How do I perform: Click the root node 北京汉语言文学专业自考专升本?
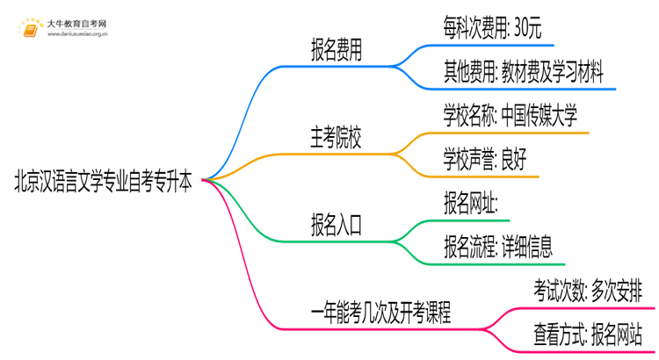(104, 182)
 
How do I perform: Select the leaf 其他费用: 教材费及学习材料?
(524, 73)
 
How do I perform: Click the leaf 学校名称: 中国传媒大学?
(511, 117)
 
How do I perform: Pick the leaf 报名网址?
(472, 204)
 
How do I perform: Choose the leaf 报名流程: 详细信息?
(498, 247)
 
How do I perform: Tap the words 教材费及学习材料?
(562, 73)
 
